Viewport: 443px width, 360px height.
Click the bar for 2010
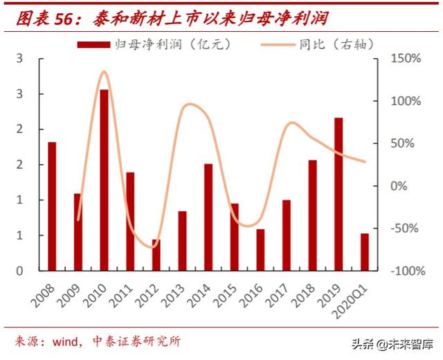[104, 180]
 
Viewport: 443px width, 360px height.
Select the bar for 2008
[52, 206]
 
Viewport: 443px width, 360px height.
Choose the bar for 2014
[208, 217]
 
